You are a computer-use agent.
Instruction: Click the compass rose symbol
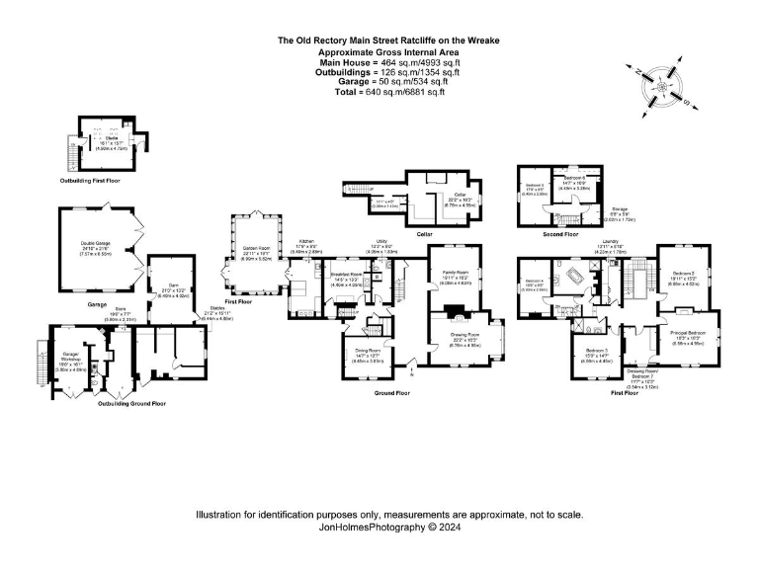[659, 87]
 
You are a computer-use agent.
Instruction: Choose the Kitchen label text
[307, 241]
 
